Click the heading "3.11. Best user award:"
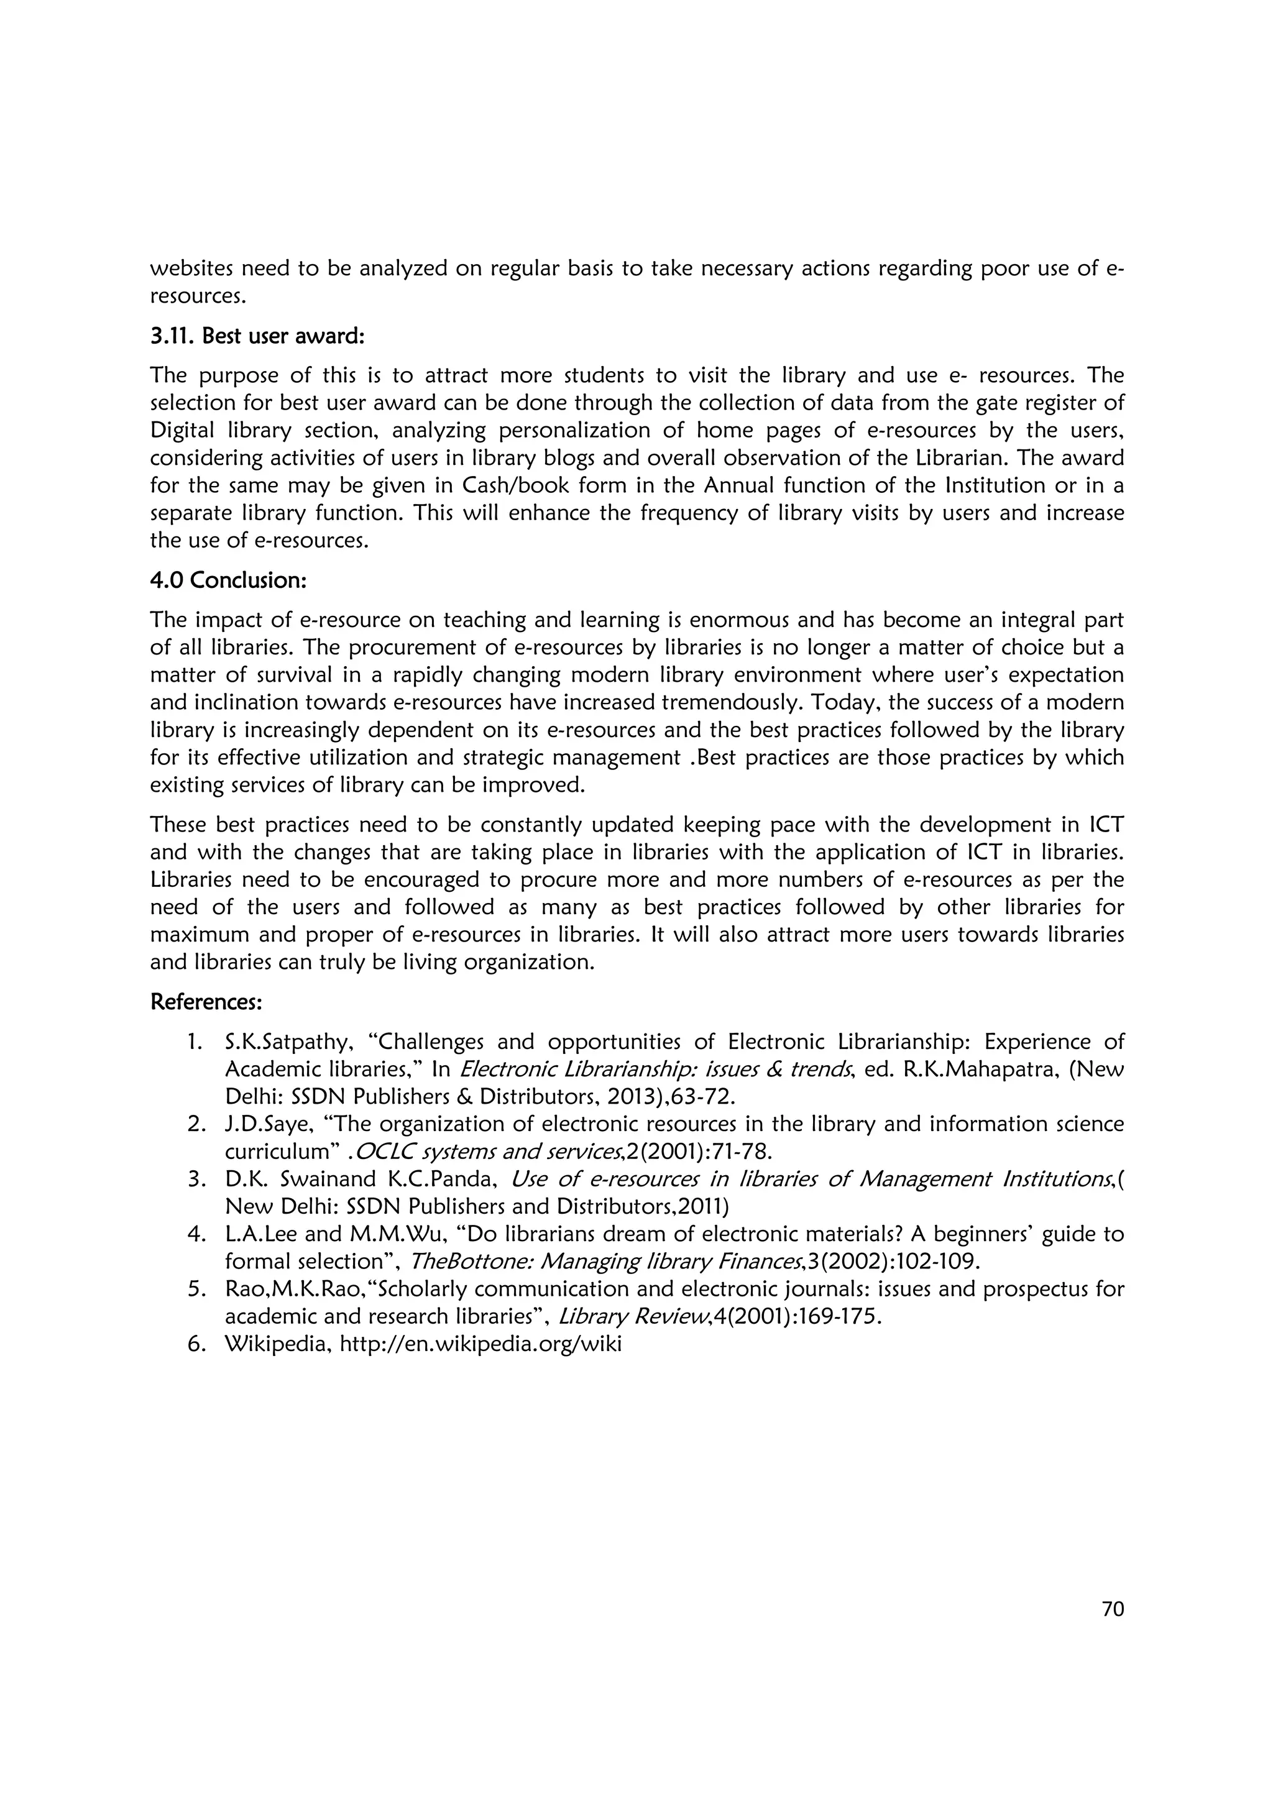coord(257,336)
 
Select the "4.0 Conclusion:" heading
coord(227,580)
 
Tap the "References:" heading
coord(206,1002)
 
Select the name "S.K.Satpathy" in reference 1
coord(285,1042)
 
